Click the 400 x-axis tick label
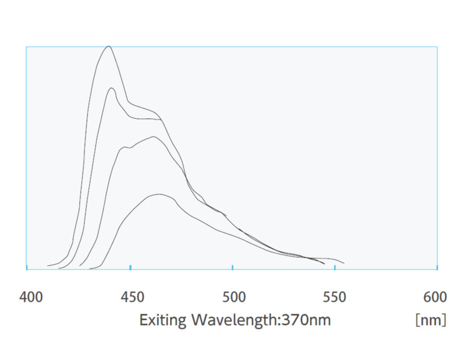tap(31, 297)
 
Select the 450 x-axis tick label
tap(132, 297)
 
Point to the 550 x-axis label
tap(335, 297)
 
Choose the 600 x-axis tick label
tap(435, 297)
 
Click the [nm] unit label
tap(431, 320)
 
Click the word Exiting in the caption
tap(163, 320)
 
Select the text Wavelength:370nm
tap(261, 320)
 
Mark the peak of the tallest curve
tap(109, 46)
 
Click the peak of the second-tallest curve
tap(111, 88)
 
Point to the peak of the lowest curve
tap(160, 194)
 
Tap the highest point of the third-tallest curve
tap(153, 137)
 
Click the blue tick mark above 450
tap(131, 267)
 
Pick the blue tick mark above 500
tap(233, 267)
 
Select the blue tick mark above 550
tap(335, 267)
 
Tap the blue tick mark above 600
tap(437, 267)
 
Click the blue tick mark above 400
tap(27, 267)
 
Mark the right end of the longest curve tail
tap(344, 263)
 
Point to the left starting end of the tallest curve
tap(48, 265)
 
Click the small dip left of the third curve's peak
tap(129, 148)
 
